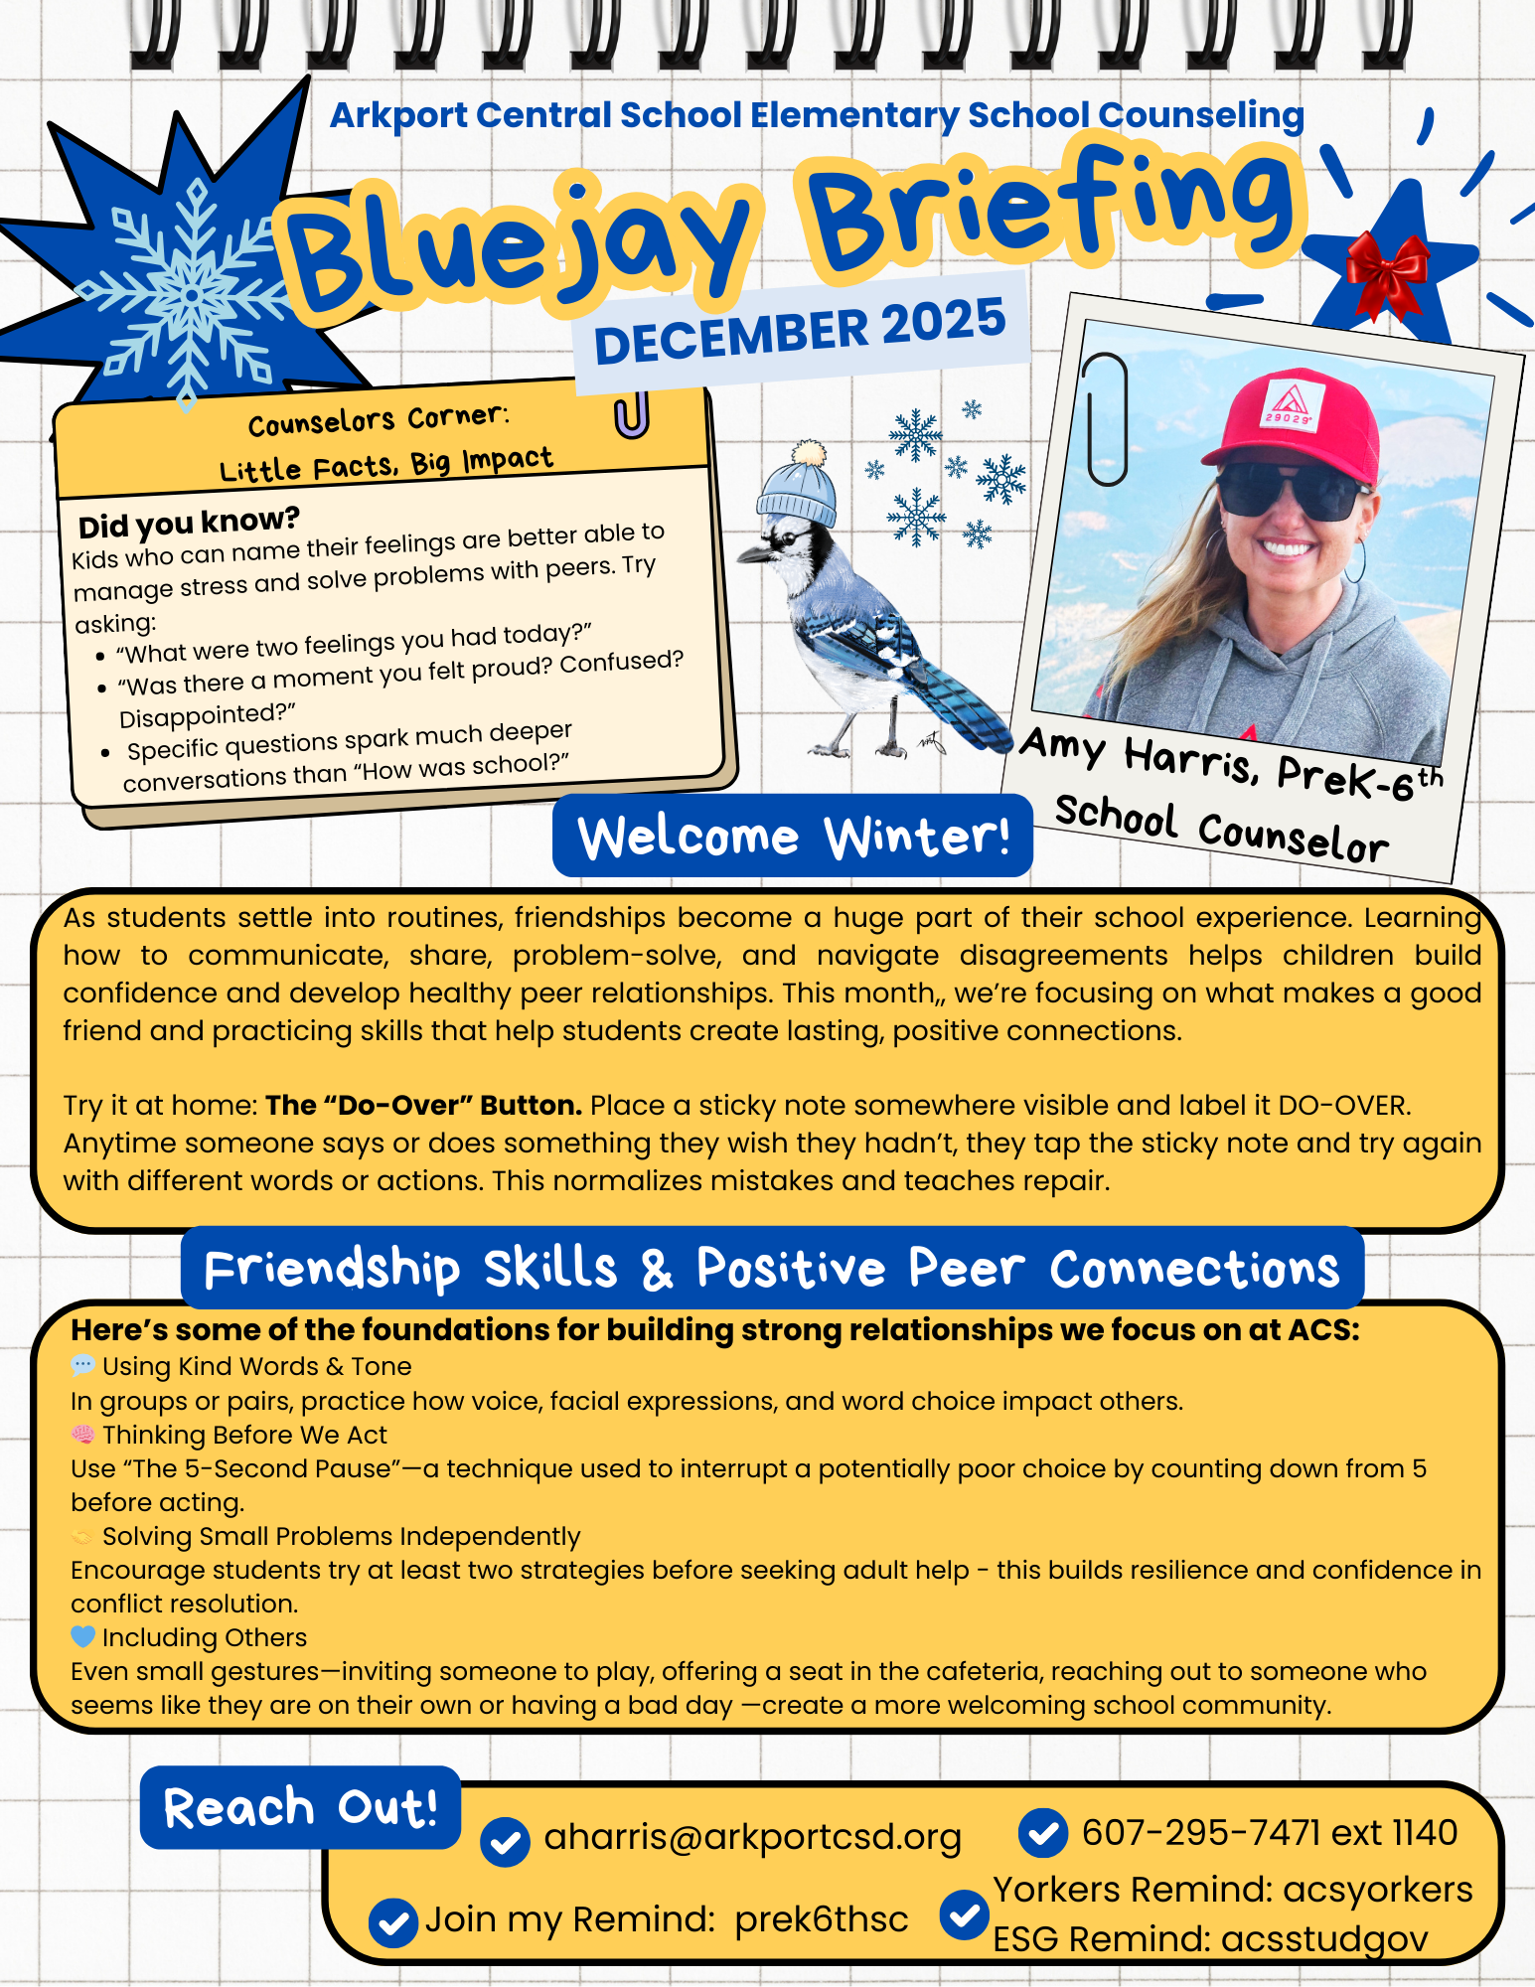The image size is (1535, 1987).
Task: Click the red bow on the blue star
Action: click(x=1387, y=273)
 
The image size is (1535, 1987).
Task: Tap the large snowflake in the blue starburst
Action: click(x=189, y=294)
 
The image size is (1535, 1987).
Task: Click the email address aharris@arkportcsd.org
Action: click(x=752, y=1837)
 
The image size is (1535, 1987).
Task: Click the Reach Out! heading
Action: click(x=300, y=1807)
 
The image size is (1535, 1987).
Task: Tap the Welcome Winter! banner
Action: click(x=793, y=836)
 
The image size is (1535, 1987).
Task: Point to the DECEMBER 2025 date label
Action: click(x=800, y=332)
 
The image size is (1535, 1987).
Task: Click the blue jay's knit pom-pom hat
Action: click(x=799, y=487)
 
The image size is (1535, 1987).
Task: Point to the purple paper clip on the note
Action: click(x=632, y=414)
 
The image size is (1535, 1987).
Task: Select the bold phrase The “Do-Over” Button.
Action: click(x=424, y=1105)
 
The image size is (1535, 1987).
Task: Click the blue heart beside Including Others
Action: click(x=83, y=1636)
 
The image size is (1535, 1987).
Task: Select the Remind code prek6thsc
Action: click(x=822, y=1919)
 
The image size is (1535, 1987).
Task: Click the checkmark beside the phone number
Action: click(x=1043, y=1833)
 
